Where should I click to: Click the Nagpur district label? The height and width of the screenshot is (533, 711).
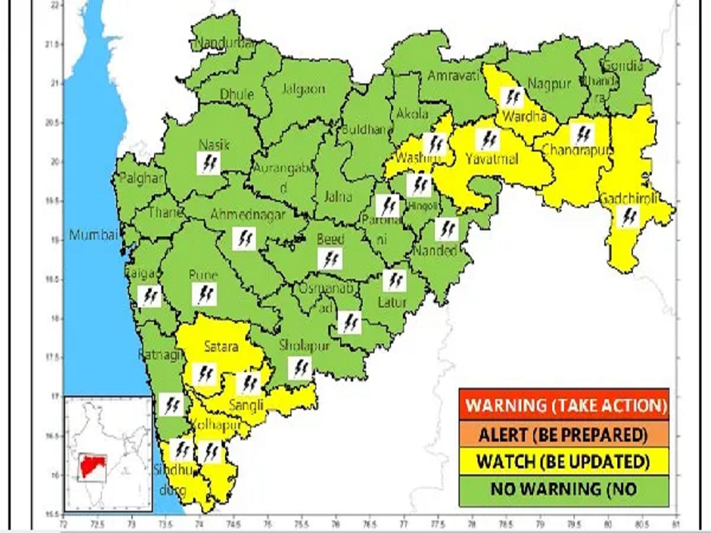point(549,84)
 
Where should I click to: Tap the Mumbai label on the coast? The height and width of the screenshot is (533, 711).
point(93,235)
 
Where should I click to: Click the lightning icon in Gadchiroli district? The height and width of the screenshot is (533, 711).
point(628,217)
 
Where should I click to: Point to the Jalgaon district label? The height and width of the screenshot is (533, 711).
point(303,89)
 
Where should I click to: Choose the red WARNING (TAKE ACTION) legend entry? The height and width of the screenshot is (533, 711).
point(563,404)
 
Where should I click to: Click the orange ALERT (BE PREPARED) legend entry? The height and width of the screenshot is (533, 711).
point(563,435)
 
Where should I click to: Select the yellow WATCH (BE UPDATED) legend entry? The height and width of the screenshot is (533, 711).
point(563,461)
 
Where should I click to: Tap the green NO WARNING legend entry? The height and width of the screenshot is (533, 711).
point(563,489)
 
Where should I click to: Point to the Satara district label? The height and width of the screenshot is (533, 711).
point(221,346)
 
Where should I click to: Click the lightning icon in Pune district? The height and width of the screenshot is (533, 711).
point(204,295)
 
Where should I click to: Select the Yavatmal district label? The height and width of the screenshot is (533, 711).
point(492,160)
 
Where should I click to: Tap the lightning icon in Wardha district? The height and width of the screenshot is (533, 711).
point(512,96)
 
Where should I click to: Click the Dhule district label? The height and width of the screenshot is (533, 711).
point(237,94)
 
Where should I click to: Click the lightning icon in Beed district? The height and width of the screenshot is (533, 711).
point(330,259)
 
